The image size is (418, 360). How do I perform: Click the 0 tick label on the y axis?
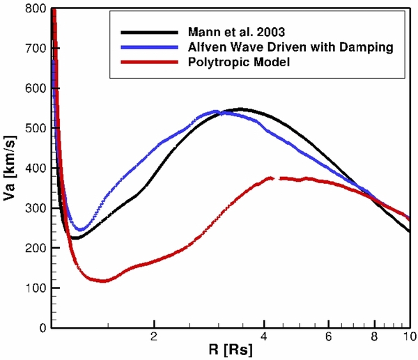[42, 328]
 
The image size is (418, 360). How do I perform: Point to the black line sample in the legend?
[150, 32]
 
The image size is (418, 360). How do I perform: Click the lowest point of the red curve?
[103, 281]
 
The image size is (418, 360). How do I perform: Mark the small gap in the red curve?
[276, 179]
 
